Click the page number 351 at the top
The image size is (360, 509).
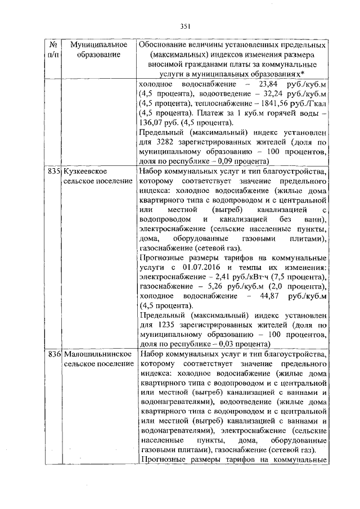coord(186,25)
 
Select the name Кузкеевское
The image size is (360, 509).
coord(86,170)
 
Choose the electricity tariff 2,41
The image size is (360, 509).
coord(235,278)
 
